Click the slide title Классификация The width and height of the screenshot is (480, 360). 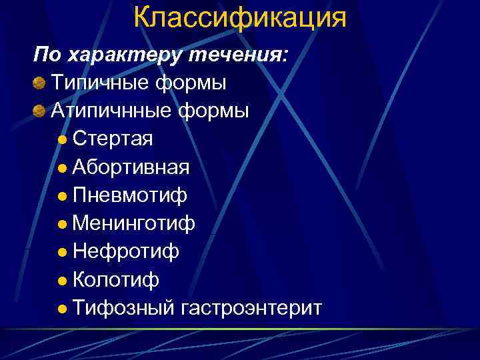point(240,18)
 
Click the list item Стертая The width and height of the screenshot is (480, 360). point(113,139)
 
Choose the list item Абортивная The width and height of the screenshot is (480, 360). point(131,167)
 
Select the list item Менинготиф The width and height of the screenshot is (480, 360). point(134,223)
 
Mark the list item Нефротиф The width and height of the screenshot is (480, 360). point(126,251)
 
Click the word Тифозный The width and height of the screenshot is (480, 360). point(123,308)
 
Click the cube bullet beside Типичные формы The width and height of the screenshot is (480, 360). point(39,83)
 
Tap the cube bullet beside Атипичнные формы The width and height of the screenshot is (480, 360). point(39,111)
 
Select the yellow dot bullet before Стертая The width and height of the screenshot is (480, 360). point(62,140)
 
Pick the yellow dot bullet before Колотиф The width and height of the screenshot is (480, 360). point(62,281)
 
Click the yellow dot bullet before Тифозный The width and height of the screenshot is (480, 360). point(62,309)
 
